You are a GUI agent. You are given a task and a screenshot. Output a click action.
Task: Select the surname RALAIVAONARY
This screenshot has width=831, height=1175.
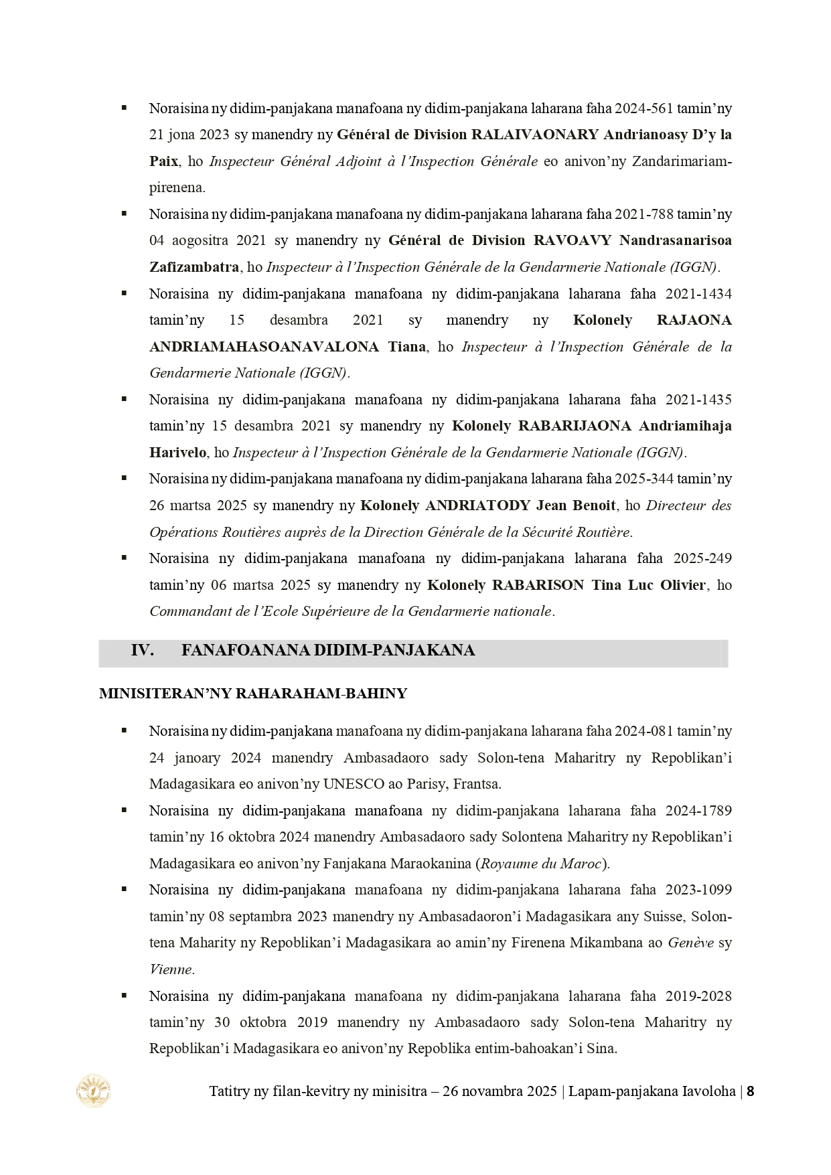(534, 135)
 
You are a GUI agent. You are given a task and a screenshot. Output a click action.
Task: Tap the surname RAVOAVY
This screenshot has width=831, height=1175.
(573, 240)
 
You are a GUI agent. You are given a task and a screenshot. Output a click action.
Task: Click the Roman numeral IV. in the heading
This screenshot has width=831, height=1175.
(143, 651)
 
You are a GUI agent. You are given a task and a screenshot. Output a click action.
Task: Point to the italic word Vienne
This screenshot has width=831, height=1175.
(171, 969)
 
